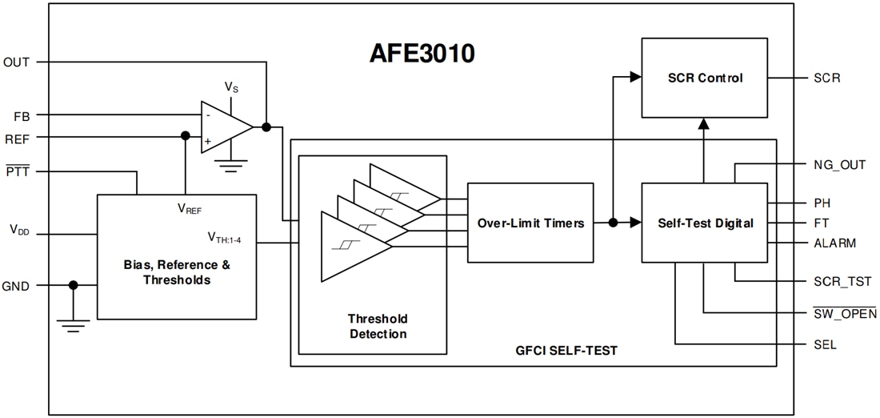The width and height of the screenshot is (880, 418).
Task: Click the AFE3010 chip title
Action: pyautogui.click(x=422, y=53)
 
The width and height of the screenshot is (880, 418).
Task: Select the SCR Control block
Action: pyautogui.click(x=705, y=78)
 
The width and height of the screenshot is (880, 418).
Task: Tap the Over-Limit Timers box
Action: pyautogui.click(x=530, y=223)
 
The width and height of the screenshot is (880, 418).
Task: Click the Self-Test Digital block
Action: pyautogui.click(x=705, y=223)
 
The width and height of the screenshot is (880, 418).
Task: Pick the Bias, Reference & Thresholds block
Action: pyautogui.click(x=177, y=256)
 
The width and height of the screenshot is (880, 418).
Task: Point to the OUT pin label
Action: pyautogui.click(x=17, y=62)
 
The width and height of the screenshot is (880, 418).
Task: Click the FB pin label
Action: pyautogui.click(x=22, y=115)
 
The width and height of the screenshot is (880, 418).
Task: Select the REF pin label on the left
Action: pyautogui.click(x=18, y=138)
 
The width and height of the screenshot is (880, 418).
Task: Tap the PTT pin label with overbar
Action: pyautogui.click(x=17, y=171)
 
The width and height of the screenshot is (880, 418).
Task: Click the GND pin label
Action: pyautogui.click(x=17, y=285)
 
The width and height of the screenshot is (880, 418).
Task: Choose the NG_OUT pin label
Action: pyautogui.click(x=834, y=165)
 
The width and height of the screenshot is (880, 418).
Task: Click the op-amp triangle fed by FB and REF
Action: pyautogui.click(x=225, y=127)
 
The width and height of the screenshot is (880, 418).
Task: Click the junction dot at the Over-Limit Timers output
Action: pyautogui.click(x=613, y=223)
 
